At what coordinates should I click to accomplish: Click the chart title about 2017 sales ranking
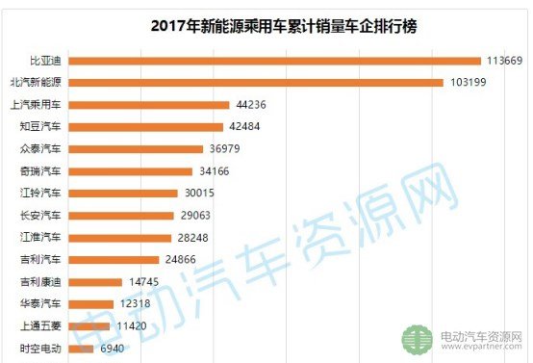pos(284,27)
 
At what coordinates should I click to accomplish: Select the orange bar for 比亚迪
pos(274,61)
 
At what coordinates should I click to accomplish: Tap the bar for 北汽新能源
pos(256,83)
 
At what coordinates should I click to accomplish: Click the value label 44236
pos(251,104)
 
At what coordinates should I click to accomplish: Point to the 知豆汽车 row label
pos(40,126)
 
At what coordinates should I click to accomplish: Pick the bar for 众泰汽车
pos(136,149)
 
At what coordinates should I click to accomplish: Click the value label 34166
pos(215,170)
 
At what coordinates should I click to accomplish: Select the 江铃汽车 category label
pos(40,193)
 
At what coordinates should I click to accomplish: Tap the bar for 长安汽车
pos(121,216)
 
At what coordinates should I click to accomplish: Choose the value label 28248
pos(192,238)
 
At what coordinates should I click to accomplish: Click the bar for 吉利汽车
pos(114,260)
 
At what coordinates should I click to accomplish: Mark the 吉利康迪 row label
pos(40,282)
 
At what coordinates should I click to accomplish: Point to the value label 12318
pos(135,303)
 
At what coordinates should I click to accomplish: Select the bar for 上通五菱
pos(89,326)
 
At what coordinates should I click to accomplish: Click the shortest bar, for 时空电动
pos(81,349)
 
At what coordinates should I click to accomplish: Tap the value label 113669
pos(504,61)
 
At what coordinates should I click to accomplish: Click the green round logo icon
pos(418,340)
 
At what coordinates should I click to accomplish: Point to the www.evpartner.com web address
pos(481,347)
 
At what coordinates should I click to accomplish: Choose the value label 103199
pos(469,83)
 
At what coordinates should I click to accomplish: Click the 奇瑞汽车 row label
pos(40,170)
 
